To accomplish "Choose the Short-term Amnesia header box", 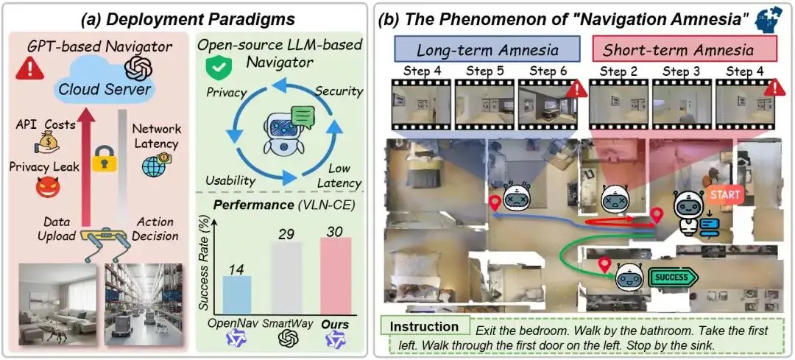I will point(677,50).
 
